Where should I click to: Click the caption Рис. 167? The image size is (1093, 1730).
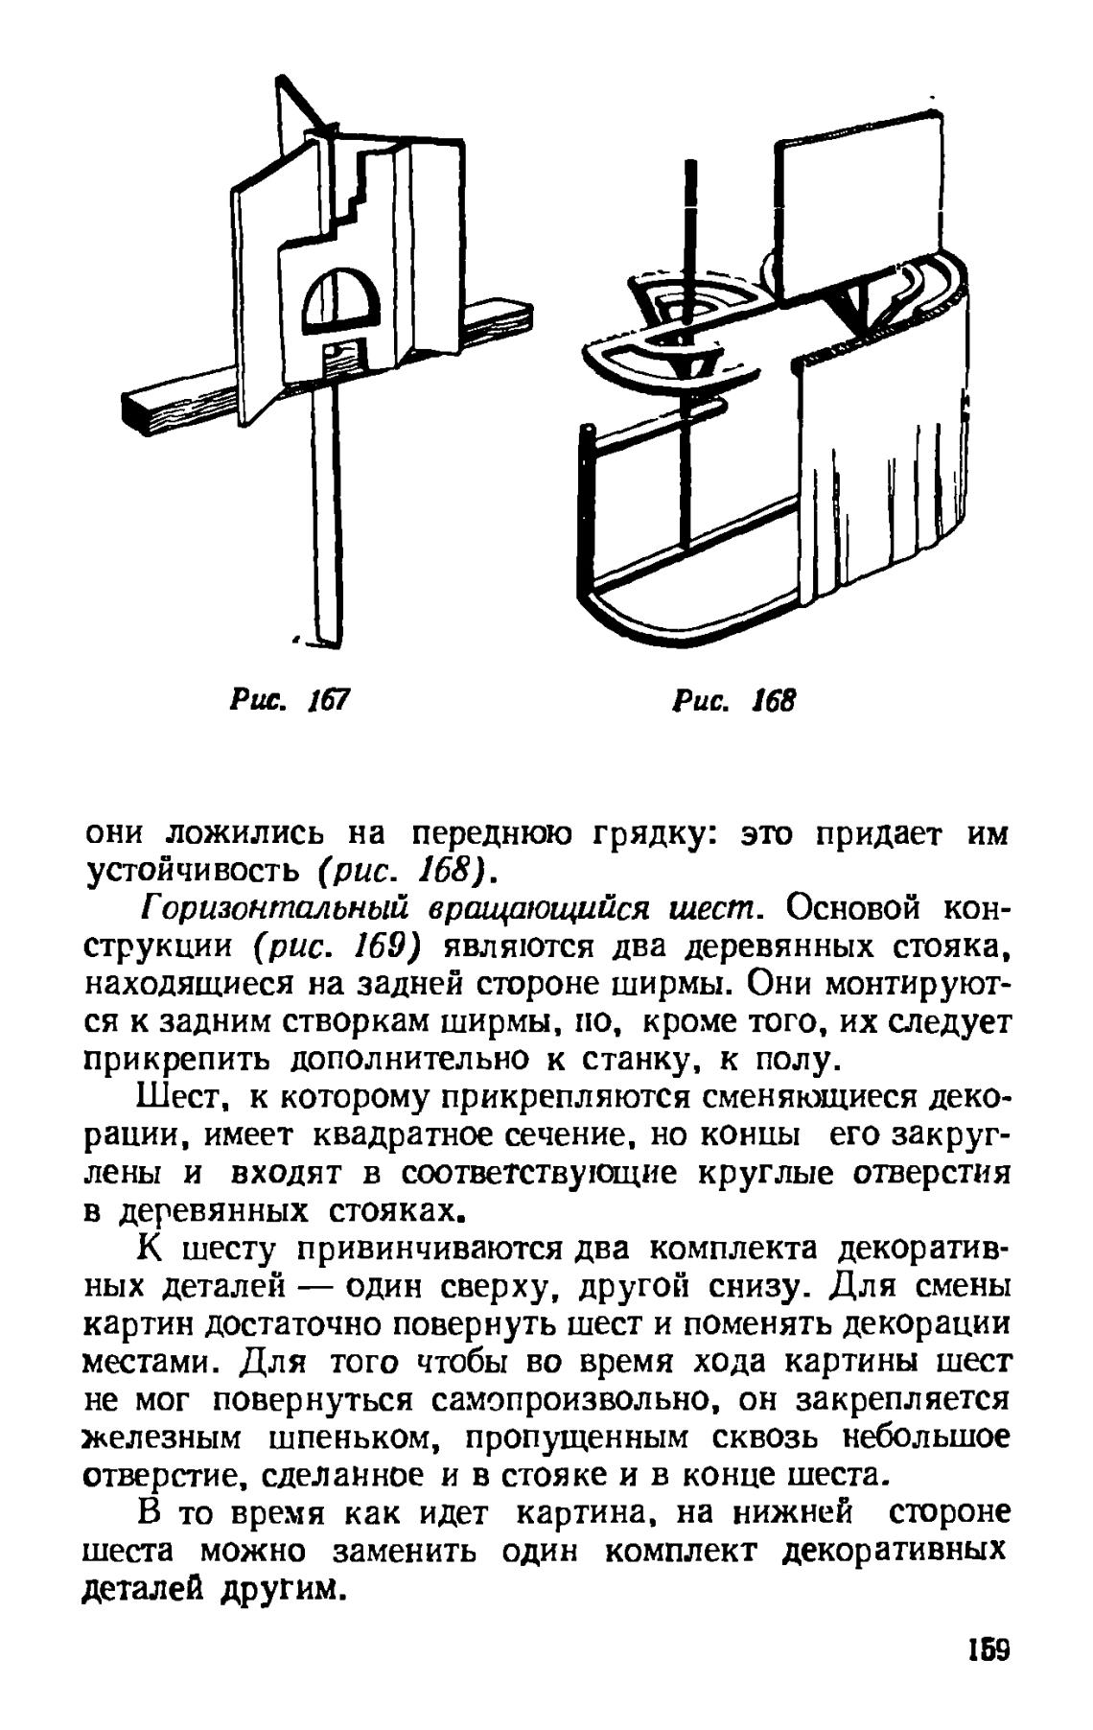tap(288, 700)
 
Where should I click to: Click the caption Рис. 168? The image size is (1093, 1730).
tap(733, 700)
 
